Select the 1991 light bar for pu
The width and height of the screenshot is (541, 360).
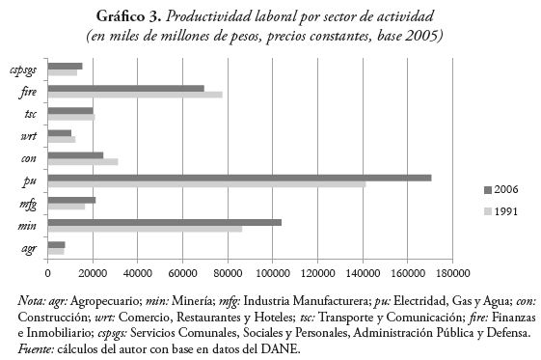point(206,184)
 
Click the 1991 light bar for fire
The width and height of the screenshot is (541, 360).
point(134,95)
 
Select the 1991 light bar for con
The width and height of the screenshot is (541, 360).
point(82,161)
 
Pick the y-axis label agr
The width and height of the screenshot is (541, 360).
point(30,248)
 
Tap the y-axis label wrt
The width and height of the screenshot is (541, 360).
point(29,136)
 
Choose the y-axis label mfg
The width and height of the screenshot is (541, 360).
point(29,204)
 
